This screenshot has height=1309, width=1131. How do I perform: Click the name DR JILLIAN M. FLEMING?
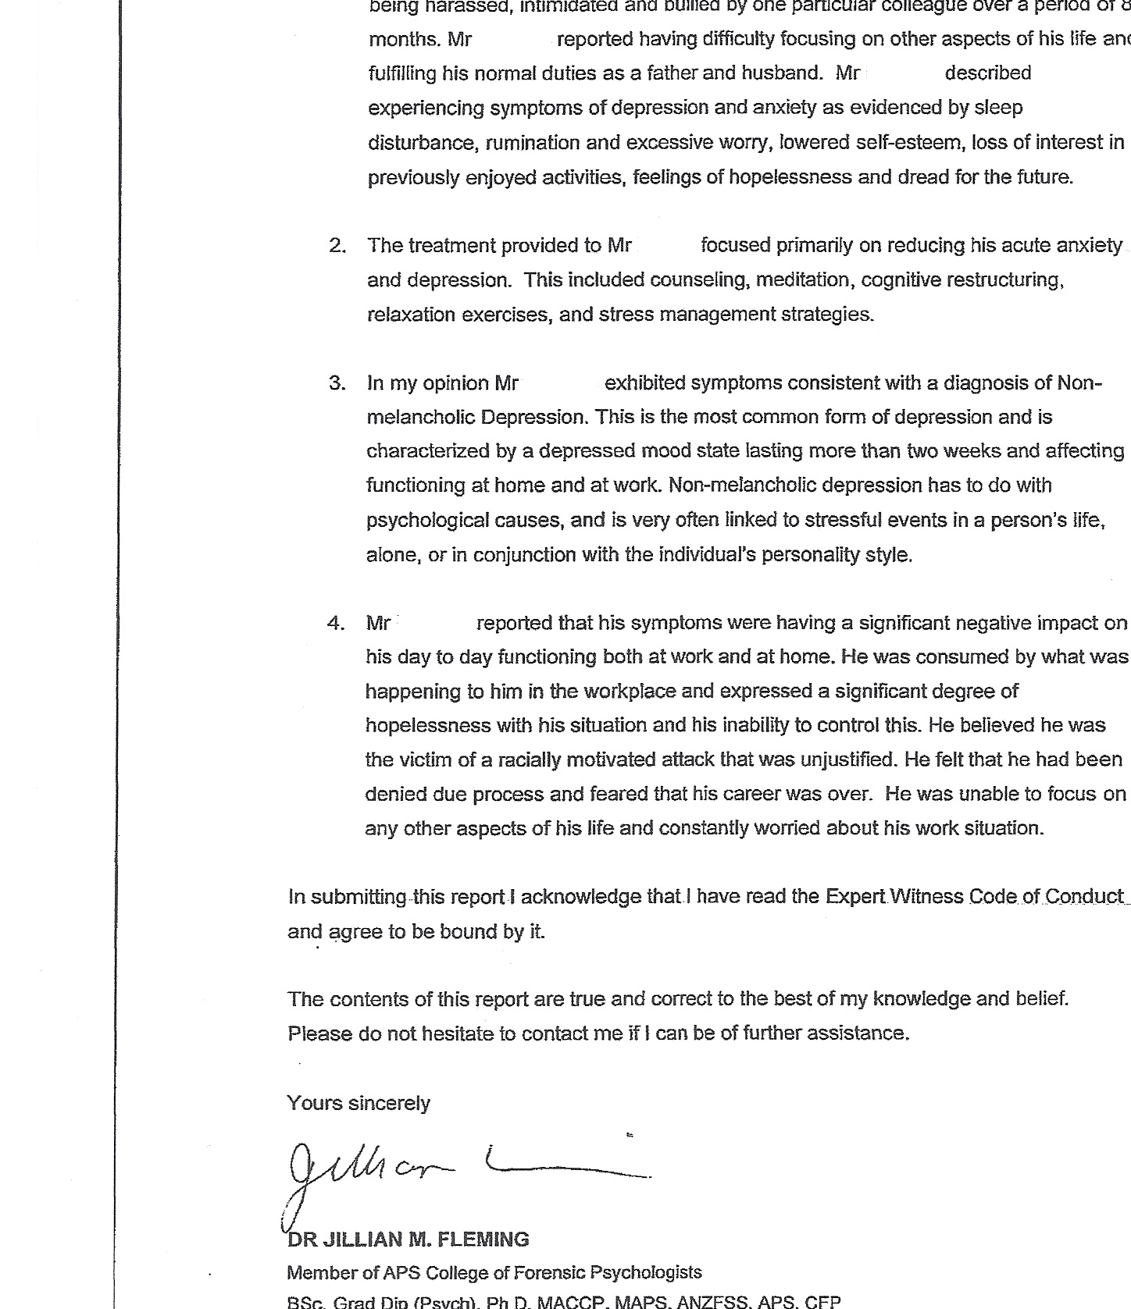pyautogui.click(x=409, y=1240)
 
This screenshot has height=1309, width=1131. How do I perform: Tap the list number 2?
pyautogui.click(x=337, y=246)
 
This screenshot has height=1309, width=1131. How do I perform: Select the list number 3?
pyautogui.click(x=337, y=383)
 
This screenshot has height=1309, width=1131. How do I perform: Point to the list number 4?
pyautogui.click(x=337, y=623)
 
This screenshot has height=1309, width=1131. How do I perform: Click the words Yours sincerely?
pyautogui.click(x=359, y=1103)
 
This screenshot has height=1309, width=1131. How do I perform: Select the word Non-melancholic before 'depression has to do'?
pyautogui.click(x=742, y=486)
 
